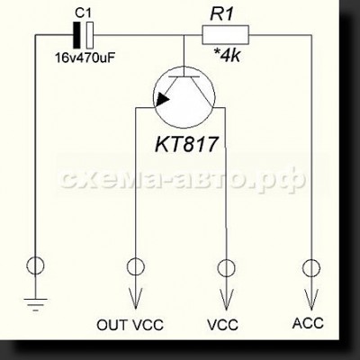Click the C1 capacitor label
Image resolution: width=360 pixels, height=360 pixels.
click(83, 13)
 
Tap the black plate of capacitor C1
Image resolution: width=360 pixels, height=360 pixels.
click(77, 35)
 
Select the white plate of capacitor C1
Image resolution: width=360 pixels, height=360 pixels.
click(89, 35)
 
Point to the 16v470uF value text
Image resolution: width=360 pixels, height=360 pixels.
click(85, 58)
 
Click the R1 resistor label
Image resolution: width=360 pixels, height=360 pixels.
click(221, 14)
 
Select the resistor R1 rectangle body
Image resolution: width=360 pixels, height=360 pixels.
click(225, 35)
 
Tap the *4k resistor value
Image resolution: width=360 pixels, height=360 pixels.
click(227, 55)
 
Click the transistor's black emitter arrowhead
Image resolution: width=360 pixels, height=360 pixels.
click(163, 99)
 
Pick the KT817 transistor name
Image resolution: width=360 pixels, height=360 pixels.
click(185, 144)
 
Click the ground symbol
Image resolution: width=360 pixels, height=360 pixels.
click(36, 304)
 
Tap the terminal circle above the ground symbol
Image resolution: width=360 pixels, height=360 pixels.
click(35, 265)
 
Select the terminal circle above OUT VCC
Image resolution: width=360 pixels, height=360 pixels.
click(136, 266)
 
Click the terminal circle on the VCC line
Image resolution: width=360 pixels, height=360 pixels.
click(226, 268)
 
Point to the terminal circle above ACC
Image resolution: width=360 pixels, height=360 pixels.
click(311, 268)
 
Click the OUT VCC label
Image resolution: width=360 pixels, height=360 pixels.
click(130, 325)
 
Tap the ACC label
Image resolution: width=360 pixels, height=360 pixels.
click(308, 323)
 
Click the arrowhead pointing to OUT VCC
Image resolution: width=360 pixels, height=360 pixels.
click(136, 298)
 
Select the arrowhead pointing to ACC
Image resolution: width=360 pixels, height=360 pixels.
click(311, 300)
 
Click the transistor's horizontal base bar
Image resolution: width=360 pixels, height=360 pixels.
click(184, 76)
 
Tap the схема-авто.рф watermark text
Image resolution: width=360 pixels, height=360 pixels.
click(183, 180)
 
